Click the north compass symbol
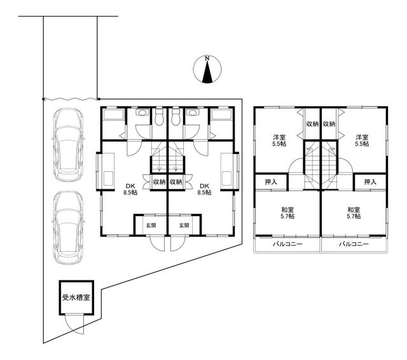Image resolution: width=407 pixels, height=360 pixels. click(207, 69)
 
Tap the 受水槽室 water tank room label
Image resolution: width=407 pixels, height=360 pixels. click(76, 298)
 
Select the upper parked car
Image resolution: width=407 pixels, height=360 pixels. click(68, 145)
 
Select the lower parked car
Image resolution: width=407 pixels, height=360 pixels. click(68, 228)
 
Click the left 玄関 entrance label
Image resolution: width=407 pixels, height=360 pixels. click(151, 225)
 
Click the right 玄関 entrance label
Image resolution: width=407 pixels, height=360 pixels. click(184, 225)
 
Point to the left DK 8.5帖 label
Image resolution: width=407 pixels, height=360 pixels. click(130, 189)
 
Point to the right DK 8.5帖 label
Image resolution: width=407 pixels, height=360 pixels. click(204, 189)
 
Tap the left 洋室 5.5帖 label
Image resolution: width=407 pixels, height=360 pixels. click(279, 140)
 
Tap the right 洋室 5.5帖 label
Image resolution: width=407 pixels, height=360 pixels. click(362, 140)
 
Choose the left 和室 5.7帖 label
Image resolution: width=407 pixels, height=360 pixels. click(287, 213)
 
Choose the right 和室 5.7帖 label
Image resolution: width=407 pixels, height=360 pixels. click(354, 213)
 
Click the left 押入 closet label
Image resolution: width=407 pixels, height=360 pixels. click(271, 182)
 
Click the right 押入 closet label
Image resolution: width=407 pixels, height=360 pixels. click(370, 182)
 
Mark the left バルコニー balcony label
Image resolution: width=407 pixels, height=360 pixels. click(287, 244)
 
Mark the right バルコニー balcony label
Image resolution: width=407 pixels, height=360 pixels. click(354, 244)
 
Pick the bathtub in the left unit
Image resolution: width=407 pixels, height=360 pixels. click(113, 114)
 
